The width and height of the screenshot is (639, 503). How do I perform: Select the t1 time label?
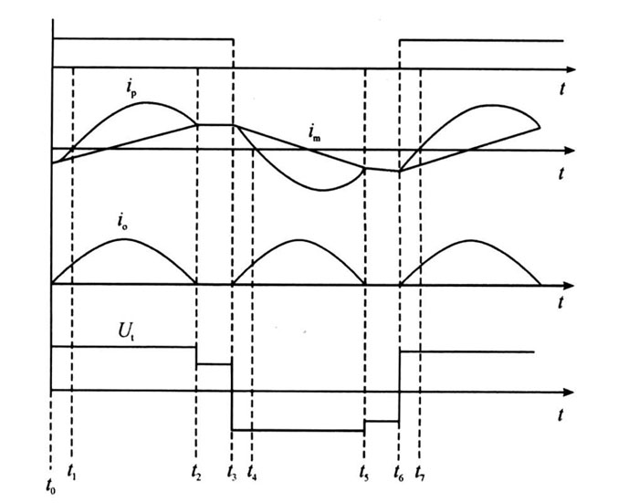[73, 474]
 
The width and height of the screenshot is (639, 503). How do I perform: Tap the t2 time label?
[196, 473]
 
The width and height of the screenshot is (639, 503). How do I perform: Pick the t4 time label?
[252, 474]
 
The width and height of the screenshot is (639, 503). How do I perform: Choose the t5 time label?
[364, 474]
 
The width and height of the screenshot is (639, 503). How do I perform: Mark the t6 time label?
[399, 474]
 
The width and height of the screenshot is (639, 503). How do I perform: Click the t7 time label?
[419, 474]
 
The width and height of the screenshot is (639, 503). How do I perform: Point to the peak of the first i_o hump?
[123, 239]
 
